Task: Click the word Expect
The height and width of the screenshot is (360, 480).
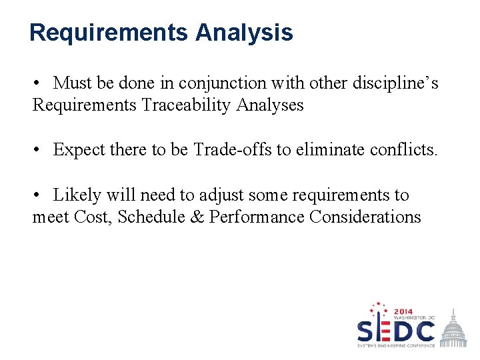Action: pyautogui.click(x=79, y=150)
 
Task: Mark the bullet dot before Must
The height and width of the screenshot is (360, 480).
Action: pyautogui.click(x=39, y=83)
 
